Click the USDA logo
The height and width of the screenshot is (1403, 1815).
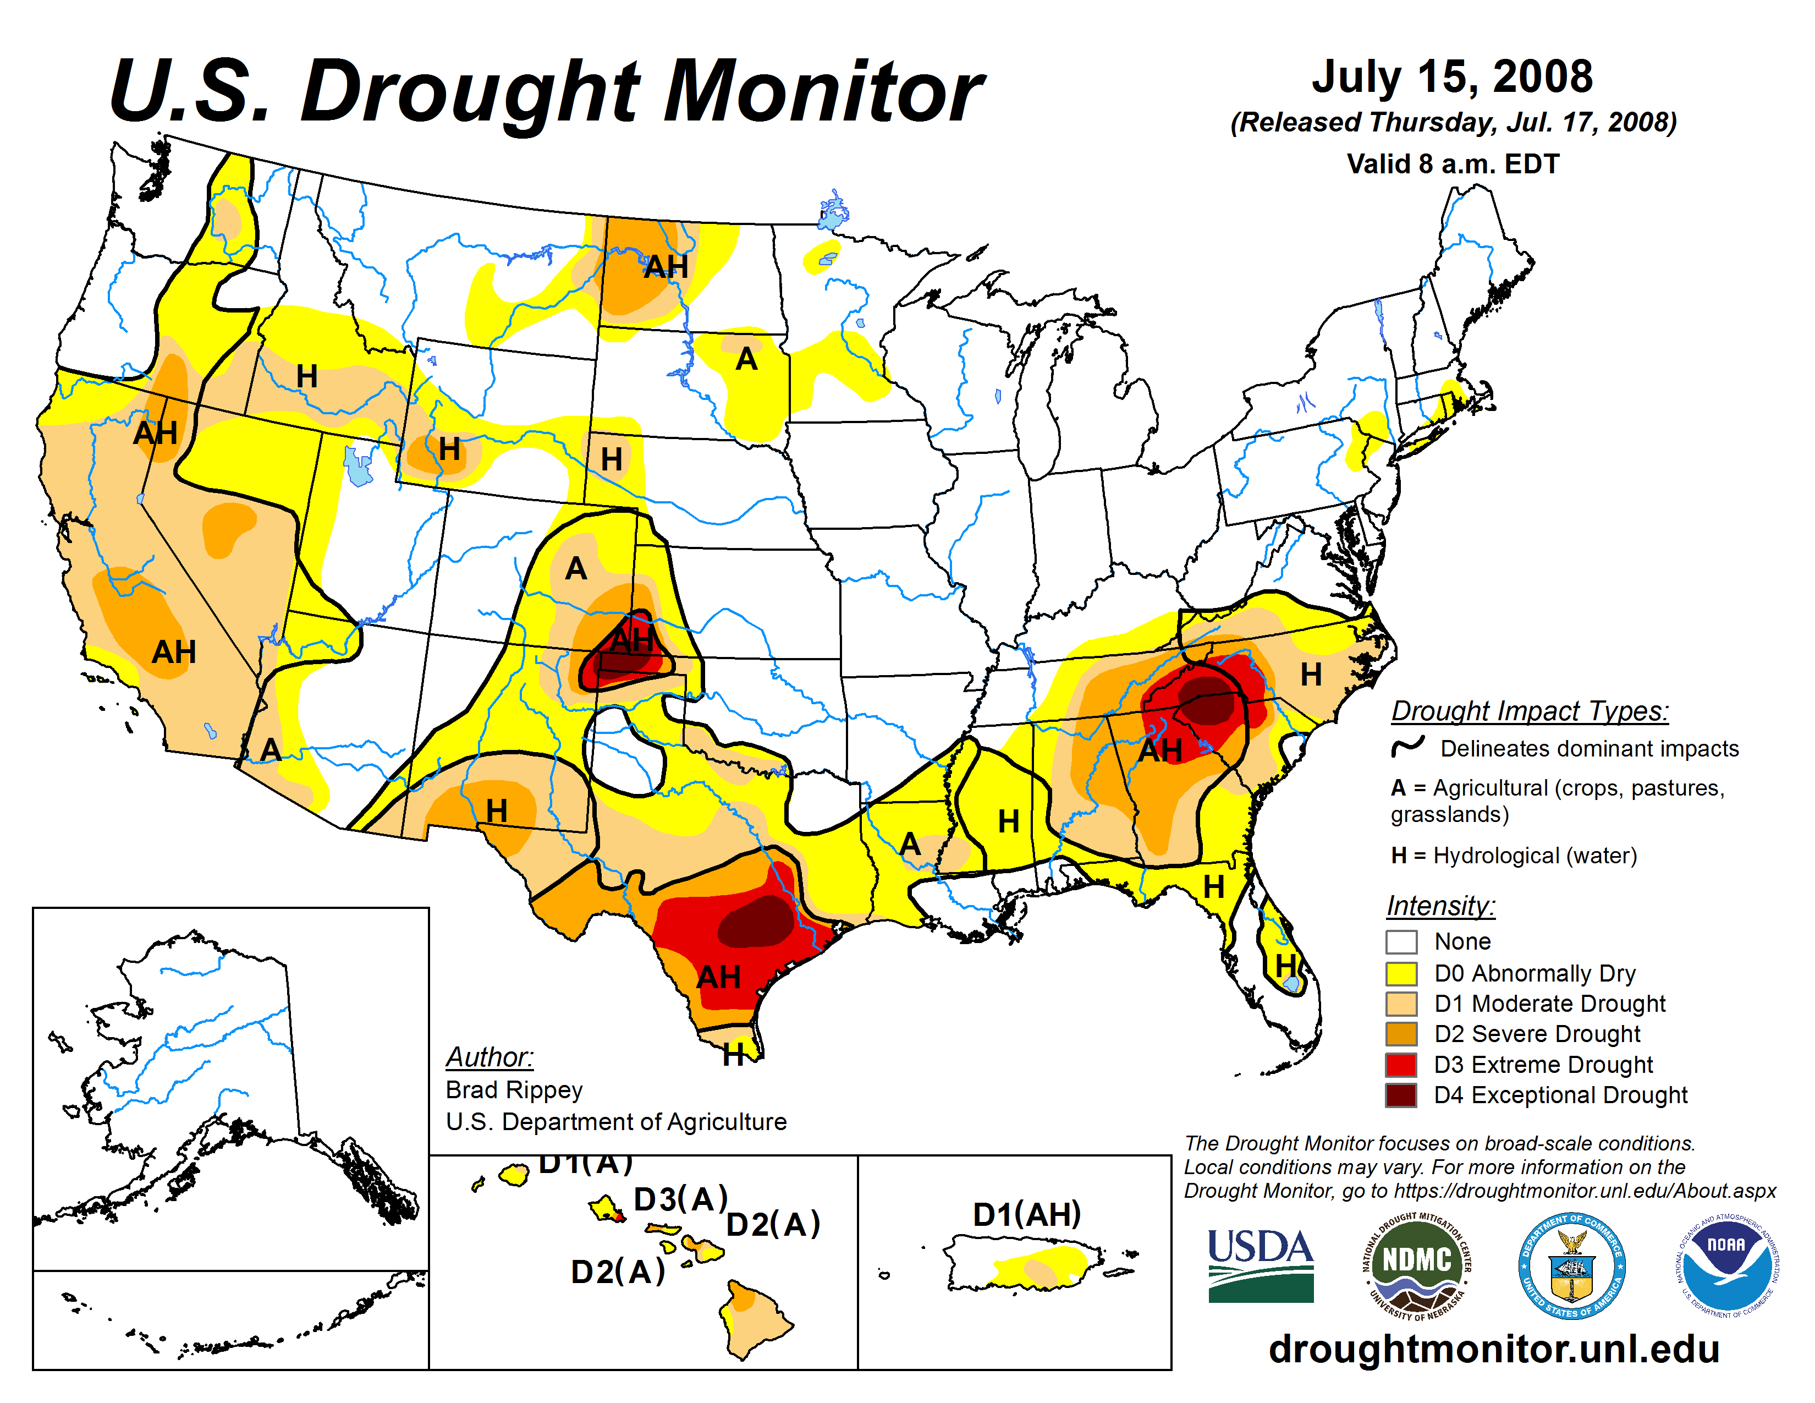tap(1260, 1264)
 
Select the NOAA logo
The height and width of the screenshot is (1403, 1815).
tap(1727, 1265)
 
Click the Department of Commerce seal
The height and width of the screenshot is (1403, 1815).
tap(1571, 1265)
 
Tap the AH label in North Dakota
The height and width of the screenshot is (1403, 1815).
tap(665, 267)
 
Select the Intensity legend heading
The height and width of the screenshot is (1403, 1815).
tap(1440, 905)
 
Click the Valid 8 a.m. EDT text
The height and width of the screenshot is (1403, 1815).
tap(1453, 164)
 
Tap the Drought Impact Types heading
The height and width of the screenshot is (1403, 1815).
tap(1529, 711)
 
